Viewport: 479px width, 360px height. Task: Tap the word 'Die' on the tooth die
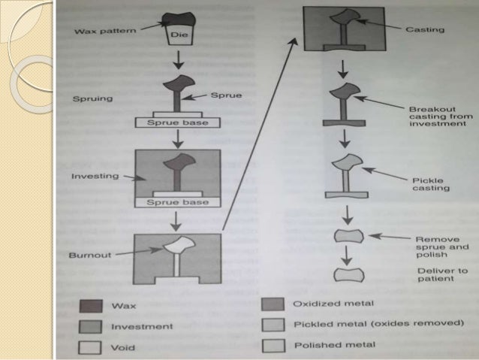coord(178,34)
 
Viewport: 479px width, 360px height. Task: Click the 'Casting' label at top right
coord(426,29)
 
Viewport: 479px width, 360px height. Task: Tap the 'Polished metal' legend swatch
coord(274,345)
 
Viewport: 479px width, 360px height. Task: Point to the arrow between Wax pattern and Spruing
coord(178,60)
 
